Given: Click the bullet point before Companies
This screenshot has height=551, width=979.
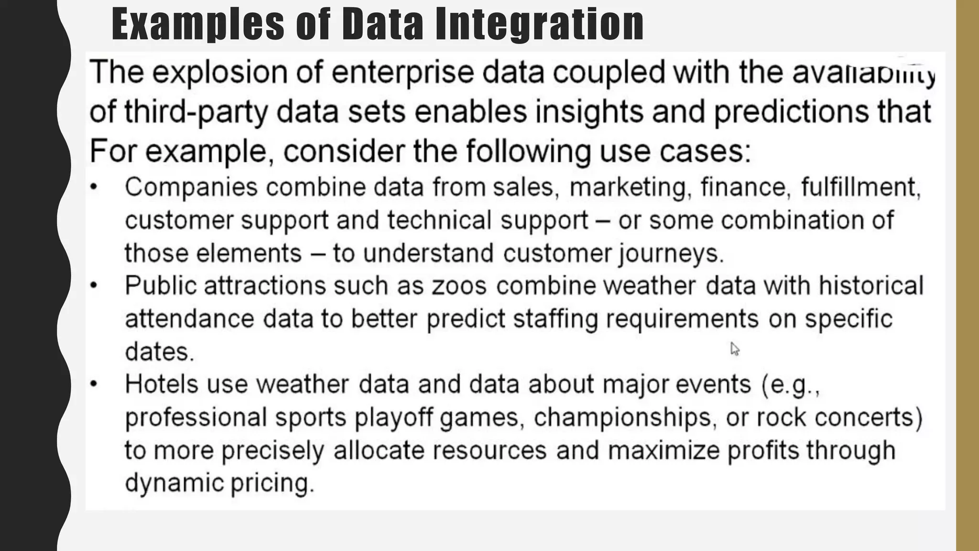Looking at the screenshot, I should pos(94,187).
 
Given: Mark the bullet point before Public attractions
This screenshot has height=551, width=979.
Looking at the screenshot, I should pos(94,286).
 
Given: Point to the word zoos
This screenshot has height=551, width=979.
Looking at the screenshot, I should pos(459,286).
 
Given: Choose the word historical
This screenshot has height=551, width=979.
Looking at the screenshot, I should pos(871,286).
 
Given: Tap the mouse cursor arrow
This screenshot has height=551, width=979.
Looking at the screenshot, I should pos(734,349).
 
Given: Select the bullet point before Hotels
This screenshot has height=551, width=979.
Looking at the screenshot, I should pos(94,384).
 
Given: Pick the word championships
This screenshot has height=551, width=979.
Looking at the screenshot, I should pos(624,417).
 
